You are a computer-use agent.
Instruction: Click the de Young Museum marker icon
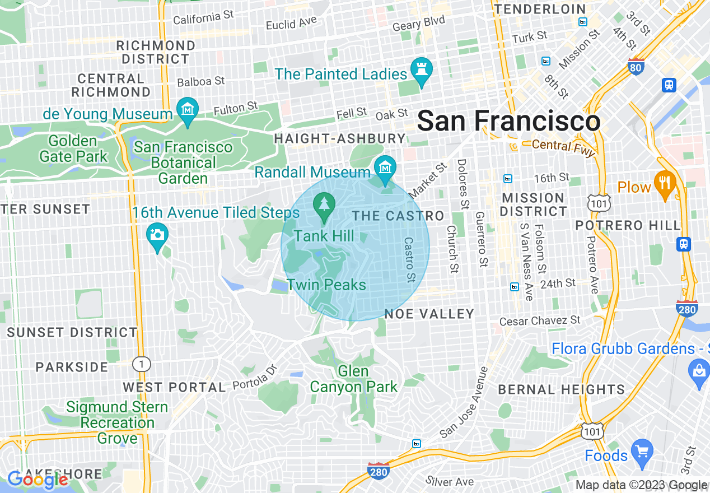(188, 109)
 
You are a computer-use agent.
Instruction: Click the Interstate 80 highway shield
(636, 66)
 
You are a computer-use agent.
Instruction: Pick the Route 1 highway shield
(142, 364)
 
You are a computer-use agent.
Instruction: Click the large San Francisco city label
(508, 121)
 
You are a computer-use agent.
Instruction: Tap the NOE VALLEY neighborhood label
(429, 314)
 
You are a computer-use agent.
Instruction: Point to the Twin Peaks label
(326, 285)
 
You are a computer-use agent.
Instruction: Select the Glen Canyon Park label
(353, 379)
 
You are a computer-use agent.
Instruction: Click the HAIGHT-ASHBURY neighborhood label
(340, 138)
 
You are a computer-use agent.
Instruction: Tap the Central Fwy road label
(563, 147)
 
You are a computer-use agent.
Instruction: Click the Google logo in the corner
(38, 480)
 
